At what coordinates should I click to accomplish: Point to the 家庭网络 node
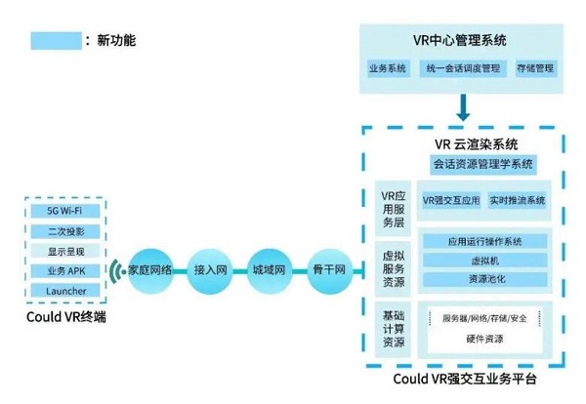150,268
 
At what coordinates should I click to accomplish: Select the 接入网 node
211,268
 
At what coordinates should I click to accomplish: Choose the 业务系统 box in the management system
387,69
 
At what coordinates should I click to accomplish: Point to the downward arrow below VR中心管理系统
465,106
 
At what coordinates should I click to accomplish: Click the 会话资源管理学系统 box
482,163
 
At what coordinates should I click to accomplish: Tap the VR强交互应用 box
451,200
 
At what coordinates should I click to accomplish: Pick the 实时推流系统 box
517,200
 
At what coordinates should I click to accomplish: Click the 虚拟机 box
484,261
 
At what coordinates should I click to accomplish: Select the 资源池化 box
484,279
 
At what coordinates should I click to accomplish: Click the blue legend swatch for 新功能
55,41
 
